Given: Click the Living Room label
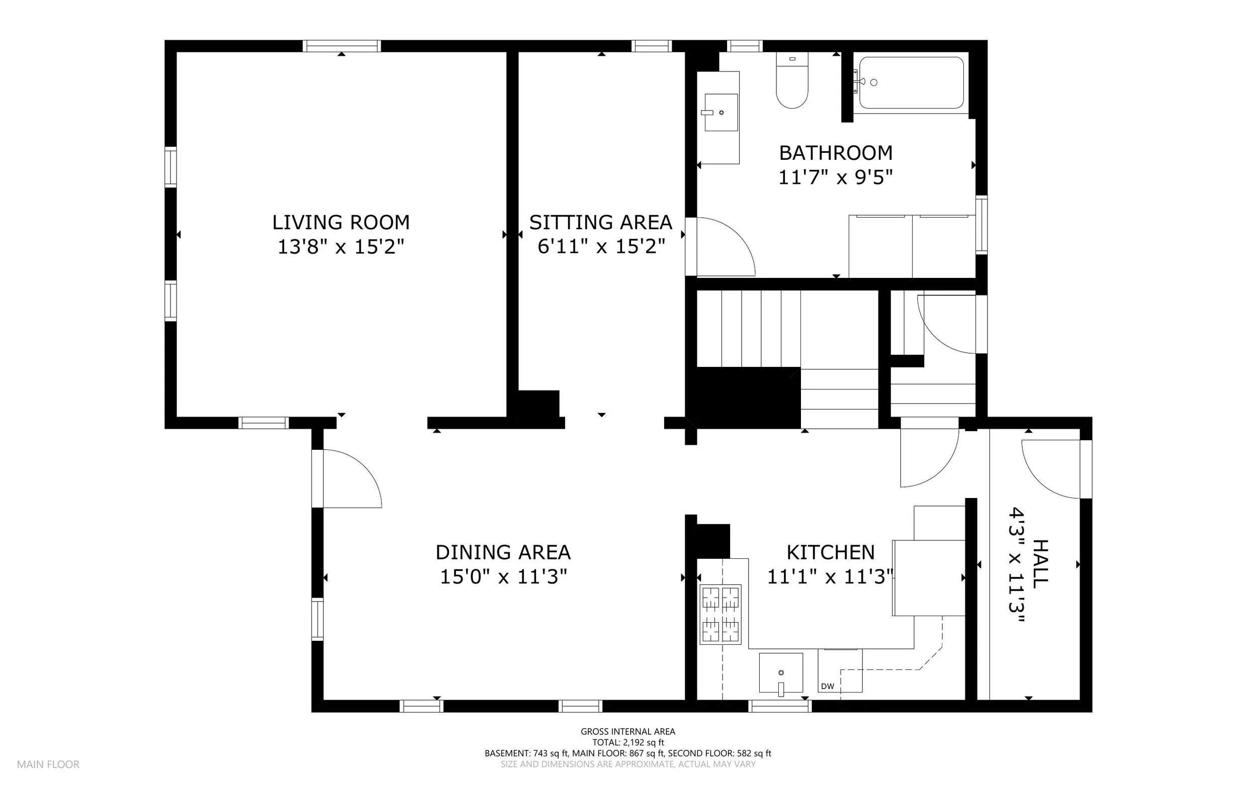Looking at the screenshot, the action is tap(341, 222).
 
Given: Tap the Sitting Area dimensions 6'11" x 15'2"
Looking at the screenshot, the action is tap(601, 247).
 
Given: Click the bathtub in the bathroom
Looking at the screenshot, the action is tap(911, 82).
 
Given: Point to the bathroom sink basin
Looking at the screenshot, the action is tap(721, 112).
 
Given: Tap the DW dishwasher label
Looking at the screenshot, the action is tap(828, 686).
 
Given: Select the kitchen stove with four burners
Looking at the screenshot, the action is tap(721, 614).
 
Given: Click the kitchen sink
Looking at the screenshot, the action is tap(781, 673).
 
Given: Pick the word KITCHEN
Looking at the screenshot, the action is tap(831, 552).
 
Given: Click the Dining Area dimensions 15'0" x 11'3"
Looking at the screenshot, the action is tap(503, 577).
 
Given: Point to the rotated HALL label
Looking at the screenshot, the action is tap(1040, 564).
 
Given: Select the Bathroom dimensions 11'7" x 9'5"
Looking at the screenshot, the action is tap(835, 178).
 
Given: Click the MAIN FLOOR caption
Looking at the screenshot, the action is tap(48, 764).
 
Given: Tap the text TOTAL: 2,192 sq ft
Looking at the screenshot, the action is tap(628, 742).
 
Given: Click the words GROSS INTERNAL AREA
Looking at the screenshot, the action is tap(628, 732).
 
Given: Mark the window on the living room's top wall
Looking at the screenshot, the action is tap(342, 46).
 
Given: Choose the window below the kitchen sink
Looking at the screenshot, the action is tap(780, 706).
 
